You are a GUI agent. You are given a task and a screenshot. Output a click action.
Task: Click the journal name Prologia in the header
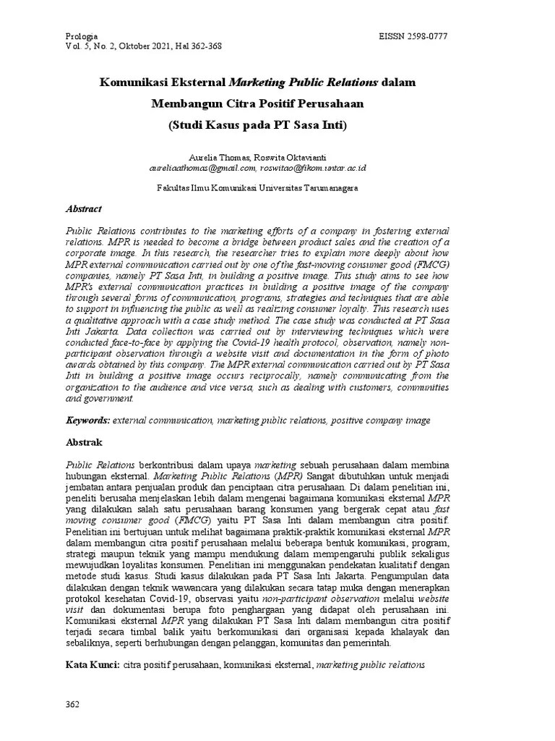click(x=81, y=35)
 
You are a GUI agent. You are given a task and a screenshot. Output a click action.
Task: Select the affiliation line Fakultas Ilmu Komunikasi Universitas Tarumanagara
click(x=258, y=187)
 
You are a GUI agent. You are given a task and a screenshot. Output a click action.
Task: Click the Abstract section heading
click(x=84, y=208)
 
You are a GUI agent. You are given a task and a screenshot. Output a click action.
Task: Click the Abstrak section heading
click(x=85, y=441)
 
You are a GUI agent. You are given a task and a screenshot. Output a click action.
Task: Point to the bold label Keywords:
click(x=88, y=420)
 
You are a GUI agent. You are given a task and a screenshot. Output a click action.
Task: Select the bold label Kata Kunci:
click(x=92, y=664)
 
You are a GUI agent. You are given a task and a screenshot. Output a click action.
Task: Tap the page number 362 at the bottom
click(x=72, y=704)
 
